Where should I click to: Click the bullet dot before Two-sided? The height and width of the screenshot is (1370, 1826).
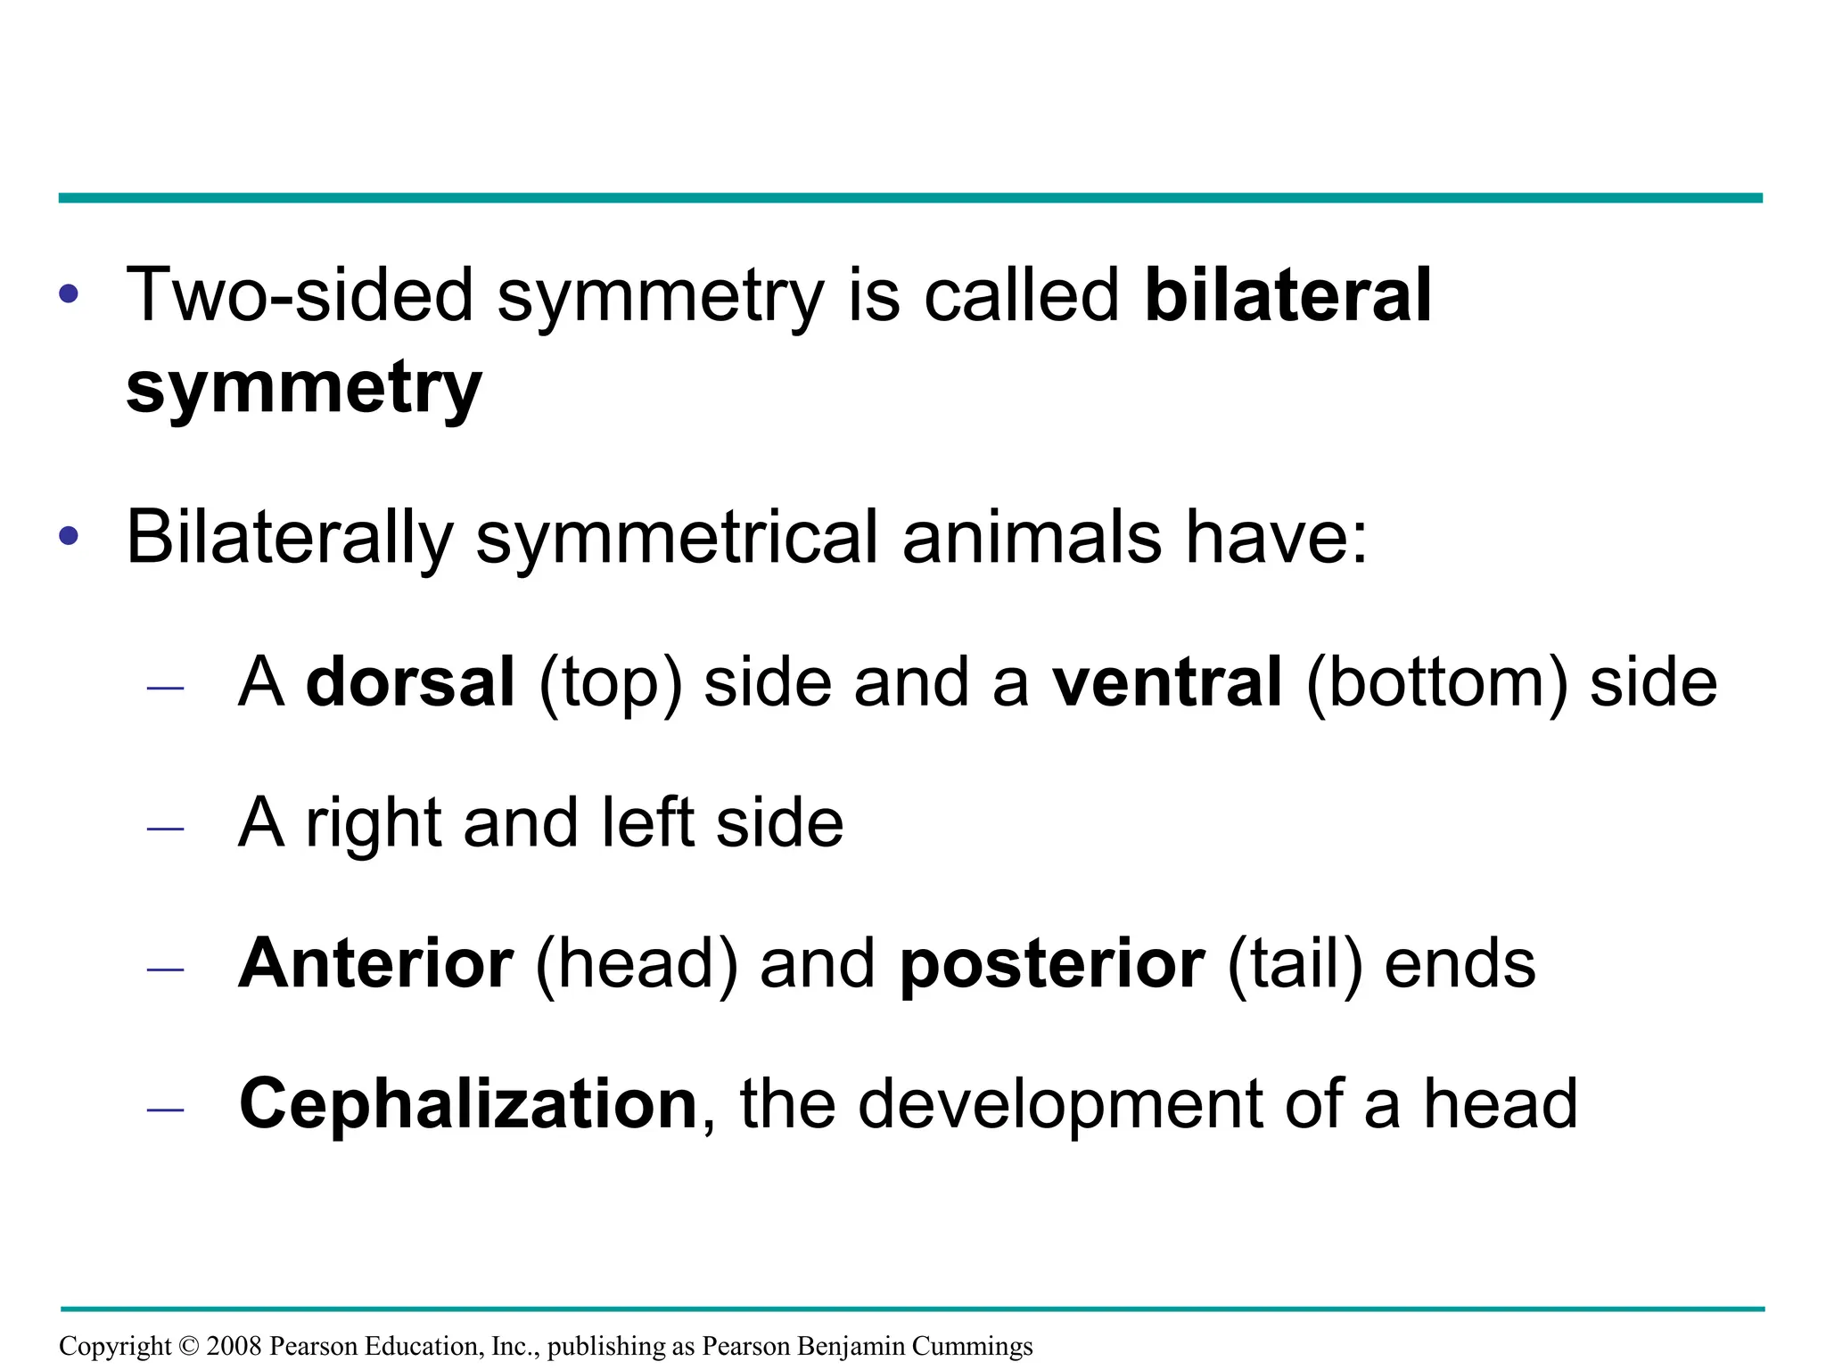[x=69, y=293]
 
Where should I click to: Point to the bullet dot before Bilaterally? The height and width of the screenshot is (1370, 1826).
[x=69, y=536]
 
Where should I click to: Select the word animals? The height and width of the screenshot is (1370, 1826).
[x=1032, y=538]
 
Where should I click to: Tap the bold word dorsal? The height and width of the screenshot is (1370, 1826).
[x=411, y=682]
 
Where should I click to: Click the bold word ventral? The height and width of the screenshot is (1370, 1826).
[x=1167, y=682]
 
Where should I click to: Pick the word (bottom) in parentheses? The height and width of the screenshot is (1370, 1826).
[x=1437, y=684]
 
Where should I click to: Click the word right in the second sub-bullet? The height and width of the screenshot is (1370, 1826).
[x=374, y=824]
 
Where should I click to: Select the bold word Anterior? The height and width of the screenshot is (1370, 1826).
[x=376, y=963]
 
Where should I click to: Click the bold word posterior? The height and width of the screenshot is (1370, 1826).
[x=1052, y=965]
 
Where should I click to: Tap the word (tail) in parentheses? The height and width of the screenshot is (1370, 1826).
[x=1295, y=965]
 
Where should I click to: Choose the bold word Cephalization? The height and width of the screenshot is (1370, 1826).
[x=468, y=1105]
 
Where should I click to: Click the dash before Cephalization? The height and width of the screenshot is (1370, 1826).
[x=166, y=1110]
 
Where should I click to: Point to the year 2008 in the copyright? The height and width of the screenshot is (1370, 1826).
[x=234, y=1346]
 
